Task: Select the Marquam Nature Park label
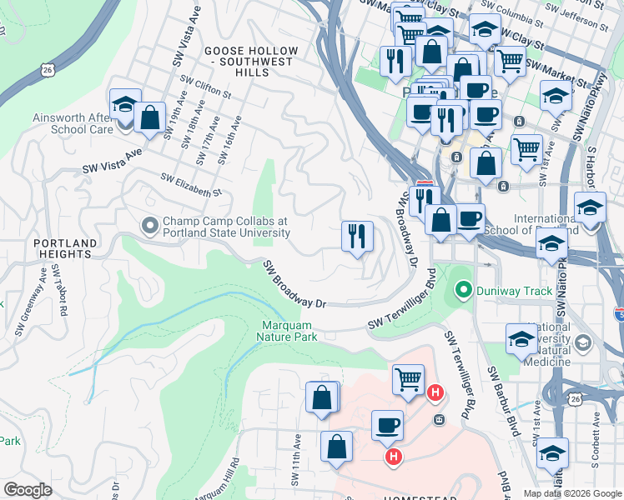tap(289, 331)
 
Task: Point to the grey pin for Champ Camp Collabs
tap(150, 226)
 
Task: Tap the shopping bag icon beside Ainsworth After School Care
tap(150, 117)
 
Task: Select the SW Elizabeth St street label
tap(191, 185)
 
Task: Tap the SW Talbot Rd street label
tap(57, 288)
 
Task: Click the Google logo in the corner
tap(28, 490)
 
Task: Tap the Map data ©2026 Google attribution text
tap(572, 492)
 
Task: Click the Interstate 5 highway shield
tap(617, 314)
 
